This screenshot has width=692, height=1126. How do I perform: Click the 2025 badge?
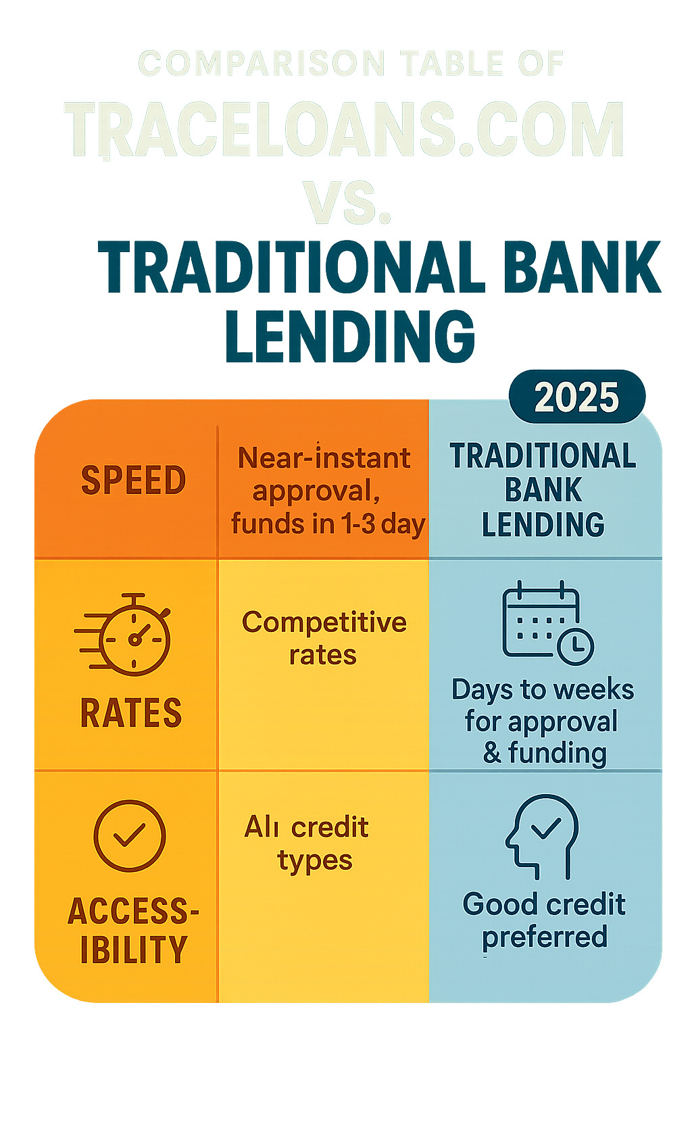click(576, 397)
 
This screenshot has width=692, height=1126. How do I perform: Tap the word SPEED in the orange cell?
click(133, 481)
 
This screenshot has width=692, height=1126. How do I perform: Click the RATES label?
click(131, 713)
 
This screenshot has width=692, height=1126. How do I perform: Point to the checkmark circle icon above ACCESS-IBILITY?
click(129, 835)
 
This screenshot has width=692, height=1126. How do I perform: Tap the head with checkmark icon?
click(543, 835)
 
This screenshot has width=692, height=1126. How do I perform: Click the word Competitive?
click(324, 622)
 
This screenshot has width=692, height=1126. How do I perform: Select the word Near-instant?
click(324, 458)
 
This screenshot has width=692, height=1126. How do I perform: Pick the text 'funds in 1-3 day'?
click(328, 524)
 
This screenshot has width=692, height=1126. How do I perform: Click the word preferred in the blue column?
click(545, 937)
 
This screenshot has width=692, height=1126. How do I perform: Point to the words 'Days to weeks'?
click(543, 690)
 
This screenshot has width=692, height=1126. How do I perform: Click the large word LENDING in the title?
click(350, 337)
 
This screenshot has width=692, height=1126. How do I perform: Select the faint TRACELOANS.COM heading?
click(345, 130)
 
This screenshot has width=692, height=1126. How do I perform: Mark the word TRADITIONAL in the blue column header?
click(543, 456)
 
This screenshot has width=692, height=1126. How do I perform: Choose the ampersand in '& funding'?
click(492, 753)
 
